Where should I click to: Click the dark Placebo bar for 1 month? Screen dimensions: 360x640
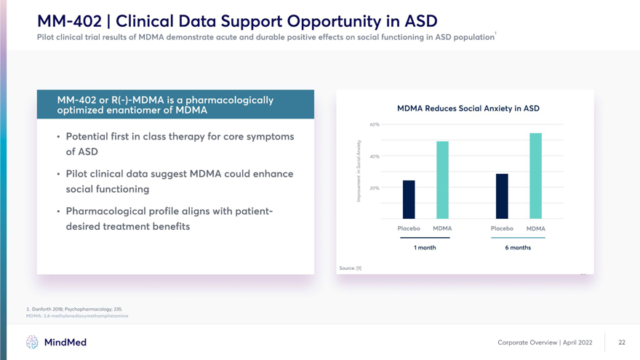(x=409, y=199)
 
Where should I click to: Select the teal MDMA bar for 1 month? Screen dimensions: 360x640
(x=442, y=180)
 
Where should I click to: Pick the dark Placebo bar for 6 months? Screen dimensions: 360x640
(x=502, y=196)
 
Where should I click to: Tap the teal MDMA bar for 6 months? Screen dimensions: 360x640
(x=535, y=175)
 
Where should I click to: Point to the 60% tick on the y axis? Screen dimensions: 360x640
(x=375, y=124)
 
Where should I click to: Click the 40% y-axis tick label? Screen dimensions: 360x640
(x=375, y=156)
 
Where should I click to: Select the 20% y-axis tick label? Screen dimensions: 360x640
(x=375, y=188)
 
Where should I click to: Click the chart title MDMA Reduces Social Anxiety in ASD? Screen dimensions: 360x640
(x=468, y=108)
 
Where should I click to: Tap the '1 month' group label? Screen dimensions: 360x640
(x=425, y=247)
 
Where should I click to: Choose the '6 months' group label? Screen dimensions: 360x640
(x=518, y=247)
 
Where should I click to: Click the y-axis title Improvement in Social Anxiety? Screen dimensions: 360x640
(x=359, y=172)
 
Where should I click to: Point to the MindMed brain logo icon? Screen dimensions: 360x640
(x=32, y=342)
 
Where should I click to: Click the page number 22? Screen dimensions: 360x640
(x=622, y=342)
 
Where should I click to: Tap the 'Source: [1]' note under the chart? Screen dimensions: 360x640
(x=351, y=268)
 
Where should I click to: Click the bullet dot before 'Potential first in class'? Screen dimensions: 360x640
(x=57, y=137)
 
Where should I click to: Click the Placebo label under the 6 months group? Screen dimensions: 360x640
(x=502, y=228)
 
